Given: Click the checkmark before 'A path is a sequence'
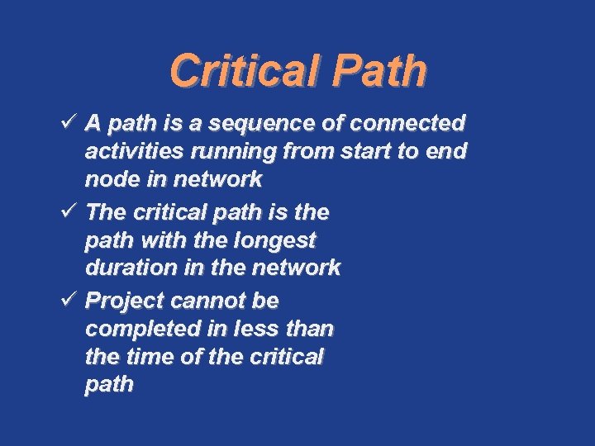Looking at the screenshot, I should [70, 123].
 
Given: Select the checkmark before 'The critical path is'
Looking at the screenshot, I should [70, 212].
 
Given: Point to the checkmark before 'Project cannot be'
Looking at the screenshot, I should [70, 300].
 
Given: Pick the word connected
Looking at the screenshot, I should [408, 124].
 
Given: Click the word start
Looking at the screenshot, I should [362, 151].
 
